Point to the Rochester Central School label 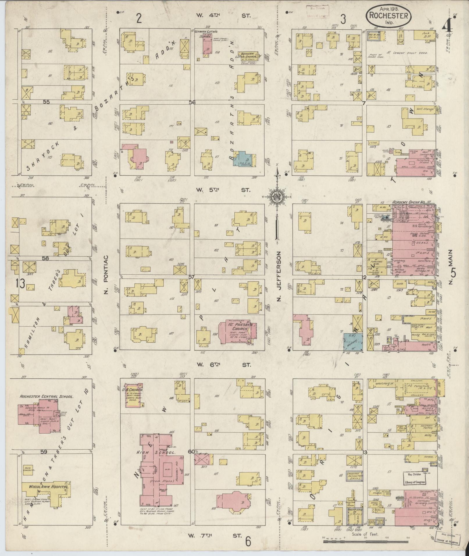(x=46, y=396)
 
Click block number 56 (x=192, y=102)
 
